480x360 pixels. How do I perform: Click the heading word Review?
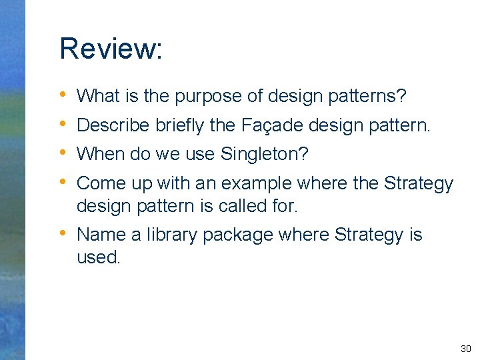point(110,49)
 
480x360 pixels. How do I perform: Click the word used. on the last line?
point(99,257)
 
